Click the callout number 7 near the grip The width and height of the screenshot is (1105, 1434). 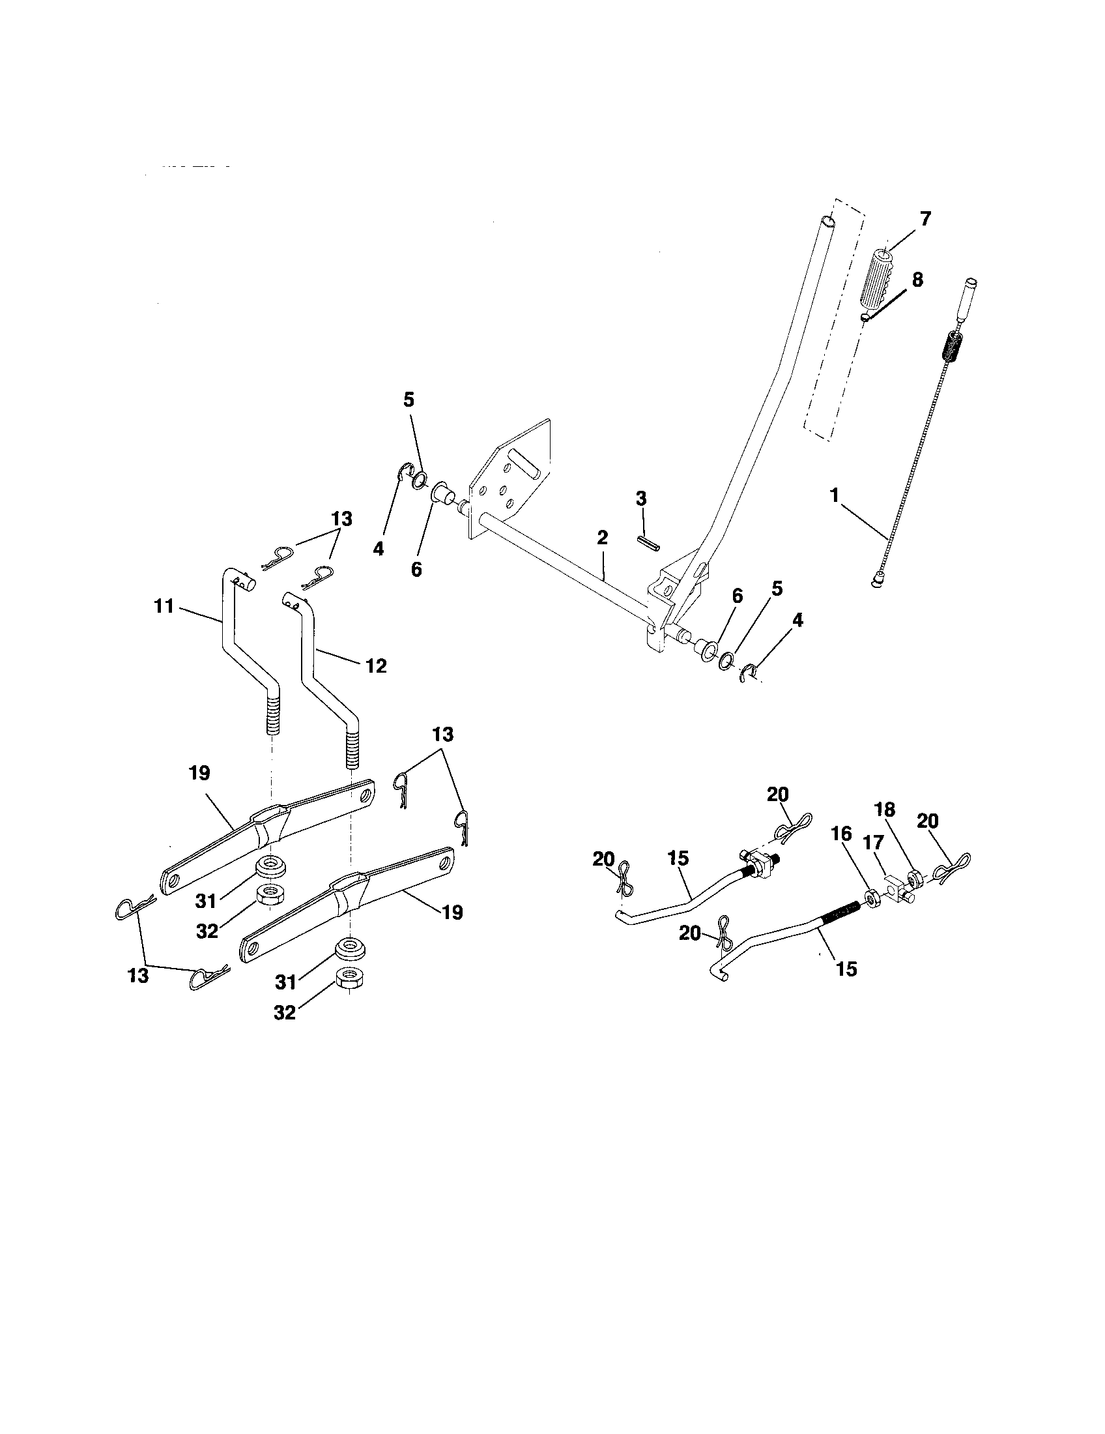click(925, 218)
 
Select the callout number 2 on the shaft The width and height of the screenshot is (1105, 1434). click(603, 538)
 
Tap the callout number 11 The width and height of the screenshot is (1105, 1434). click(164, 606)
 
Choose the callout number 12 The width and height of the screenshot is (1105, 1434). click(377, 666)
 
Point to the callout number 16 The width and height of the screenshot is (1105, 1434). click(841, 834)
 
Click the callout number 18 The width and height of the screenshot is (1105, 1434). click(885, 810)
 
